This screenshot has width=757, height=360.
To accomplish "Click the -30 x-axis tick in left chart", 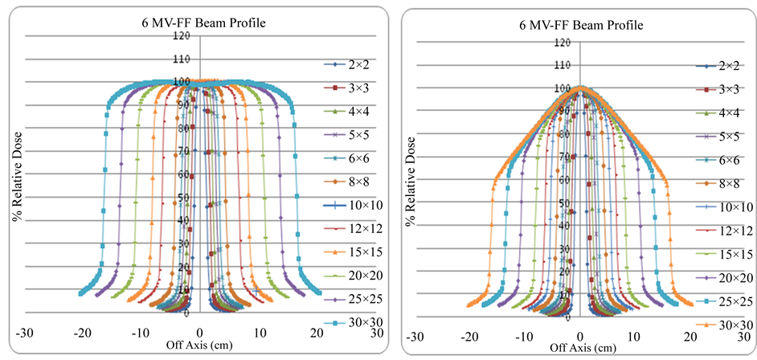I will pyautogui.click(x=25, y=331).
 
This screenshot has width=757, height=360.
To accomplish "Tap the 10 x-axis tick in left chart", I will pyautogui.click(x=260, y=331).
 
